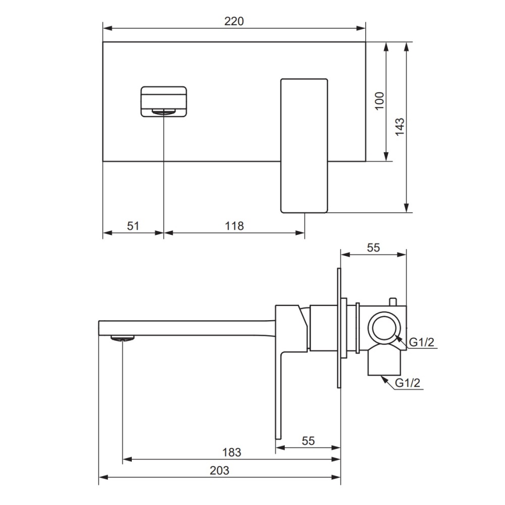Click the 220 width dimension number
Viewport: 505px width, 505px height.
234,21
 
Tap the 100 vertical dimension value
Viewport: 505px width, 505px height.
380,101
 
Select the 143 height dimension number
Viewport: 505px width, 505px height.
399,127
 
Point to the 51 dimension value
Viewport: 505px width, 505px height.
133,226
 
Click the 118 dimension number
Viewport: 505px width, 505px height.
234,226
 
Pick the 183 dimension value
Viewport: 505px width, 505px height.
232,452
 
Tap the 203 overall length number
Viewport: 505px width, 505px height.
219,471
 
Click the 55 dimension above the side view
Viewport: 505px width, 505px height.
373,247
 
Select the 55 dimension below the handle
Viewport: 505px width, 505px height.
308,441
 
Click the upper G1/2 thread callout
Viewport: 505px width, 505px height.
421,342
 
